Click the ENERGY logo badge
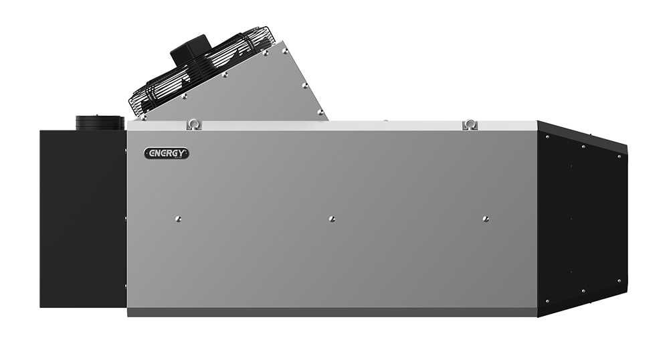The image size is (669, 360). tap(167, 153)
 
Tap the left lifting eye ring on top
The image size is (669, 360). tap(194, 124)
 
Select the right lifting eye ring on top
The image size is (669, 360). tap(470, 124)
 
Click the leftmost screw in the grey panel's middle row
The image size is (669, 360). tap(178, 219)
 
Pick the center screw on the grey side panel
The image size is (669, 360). tap(332, 219)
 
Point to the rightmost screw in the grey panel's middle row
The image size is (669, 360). tap(485, 219)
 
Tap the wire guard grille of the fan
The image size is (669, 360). tap(201, 72)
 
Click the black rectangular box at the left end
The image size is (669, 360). tap(83, 219)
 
